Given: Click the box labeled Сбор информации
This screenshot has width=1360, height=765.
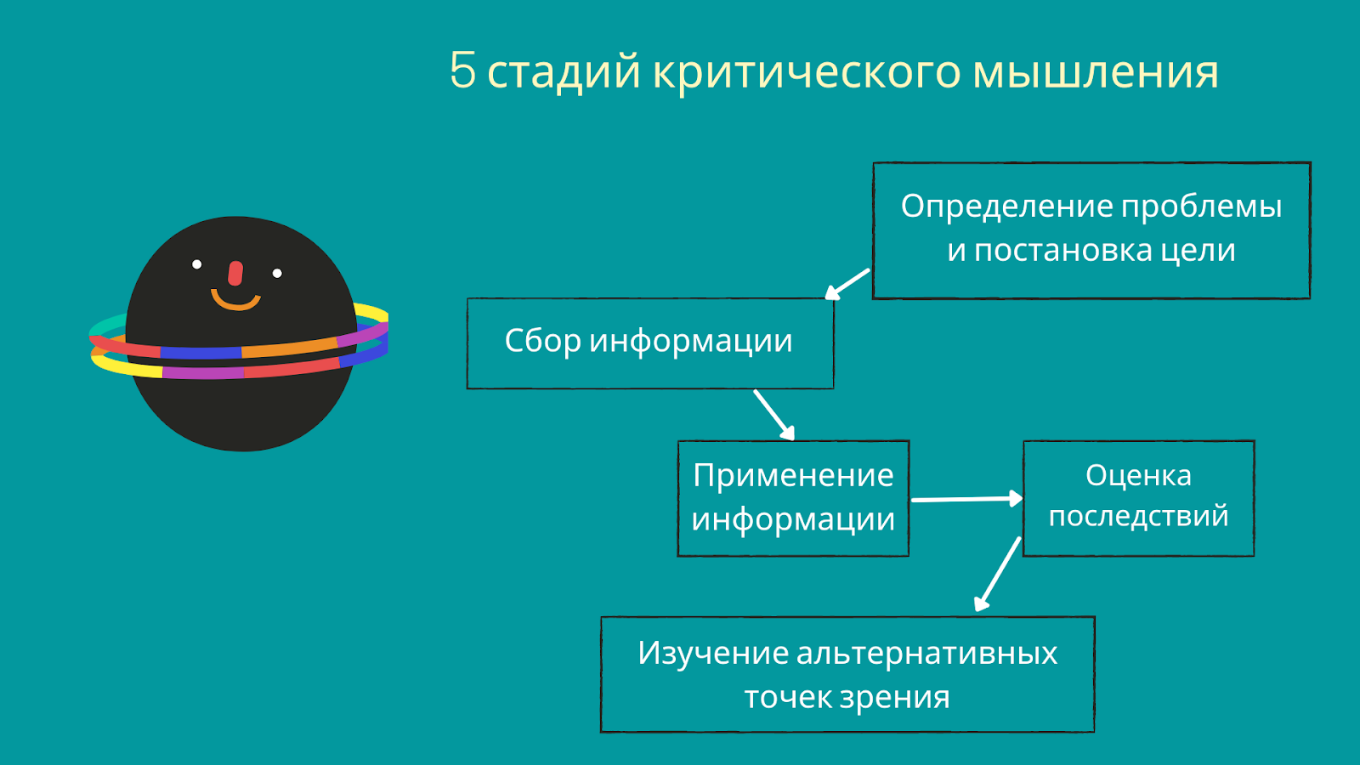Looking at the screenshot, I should click(649, 343).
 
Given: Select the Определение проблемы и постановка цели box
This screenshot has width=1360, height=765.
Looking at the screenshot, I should click(1091, 229).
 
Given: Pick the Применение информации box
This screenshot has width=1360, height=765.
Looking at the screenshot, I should click(792, 498).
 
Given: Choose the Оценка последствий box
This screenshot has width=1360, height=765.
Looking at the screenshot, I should click(1138, 498).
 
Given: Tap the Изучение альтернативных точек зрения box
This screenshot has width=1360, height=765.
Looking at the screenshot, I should click(847, 674).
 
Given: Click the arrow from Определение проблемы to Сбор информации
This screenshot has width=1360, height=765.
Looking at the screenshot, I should click(847, 284).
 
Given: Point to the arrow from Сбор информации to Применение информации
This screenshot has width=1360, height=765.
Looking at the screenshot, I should click(773, 414).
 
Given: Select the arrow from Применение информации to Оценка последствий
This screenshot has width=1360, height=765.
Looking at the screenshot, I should click(966, 499).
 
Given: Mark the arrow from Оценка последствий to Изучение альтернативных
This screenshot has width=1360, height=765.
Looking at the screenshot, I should click(998, 574).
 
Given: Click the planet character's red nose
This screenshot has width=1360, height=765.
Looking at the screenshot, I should click(235, 273).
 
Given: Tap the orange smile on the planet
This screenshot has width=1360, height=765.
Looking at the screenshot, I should click(235, 301).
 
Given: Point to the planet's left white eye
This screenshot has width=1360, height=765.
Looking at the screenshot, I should click(197, 264).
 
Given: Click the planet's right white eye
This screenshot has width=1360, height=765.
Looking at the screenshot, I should click(277, 273).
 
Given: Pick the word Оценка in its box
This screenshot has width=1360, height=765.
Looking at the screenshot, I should click(1138, 475).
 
